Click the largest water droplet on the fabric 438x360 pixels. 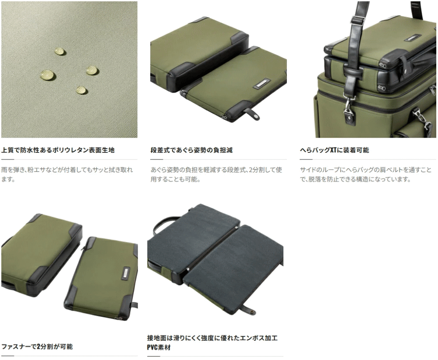pyautogui.click(x=48, y=75)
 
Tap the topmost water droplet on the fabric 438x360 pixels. pyautogui.click(x=60, y=51)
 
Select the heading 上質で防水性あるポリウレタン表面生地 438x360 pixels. pyautogui.click(x=58, y=150)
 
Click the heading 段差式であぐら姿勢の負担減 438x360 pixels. pyautogui.click(x=191, y=150)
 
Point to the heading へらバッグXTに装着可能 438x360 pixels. pyautogui.click(x=334, y=150)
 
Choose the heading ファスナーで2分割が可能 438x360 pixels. pyautogui.click(x=37, y=346)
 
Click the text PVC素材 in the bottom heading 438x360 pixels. pyautogui.click(x=159, y=347)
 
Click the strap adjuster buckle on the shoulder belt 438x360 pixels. pyautogui.click(x=358, y=21)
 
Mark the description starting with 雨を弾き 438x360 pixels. pyautogui.click(x=67, y=174)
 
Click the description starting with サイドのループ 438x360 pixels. pyautogui.click(x=366, y=174)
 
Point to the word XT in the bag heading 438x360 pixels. pyautogui.click(x=333, y=150)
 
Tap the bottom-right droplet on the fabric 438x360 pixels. pyautogui.click(x=81, y=90)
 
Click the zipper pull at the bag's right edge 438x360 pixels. pyautogui.click(x=432, y=90)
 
